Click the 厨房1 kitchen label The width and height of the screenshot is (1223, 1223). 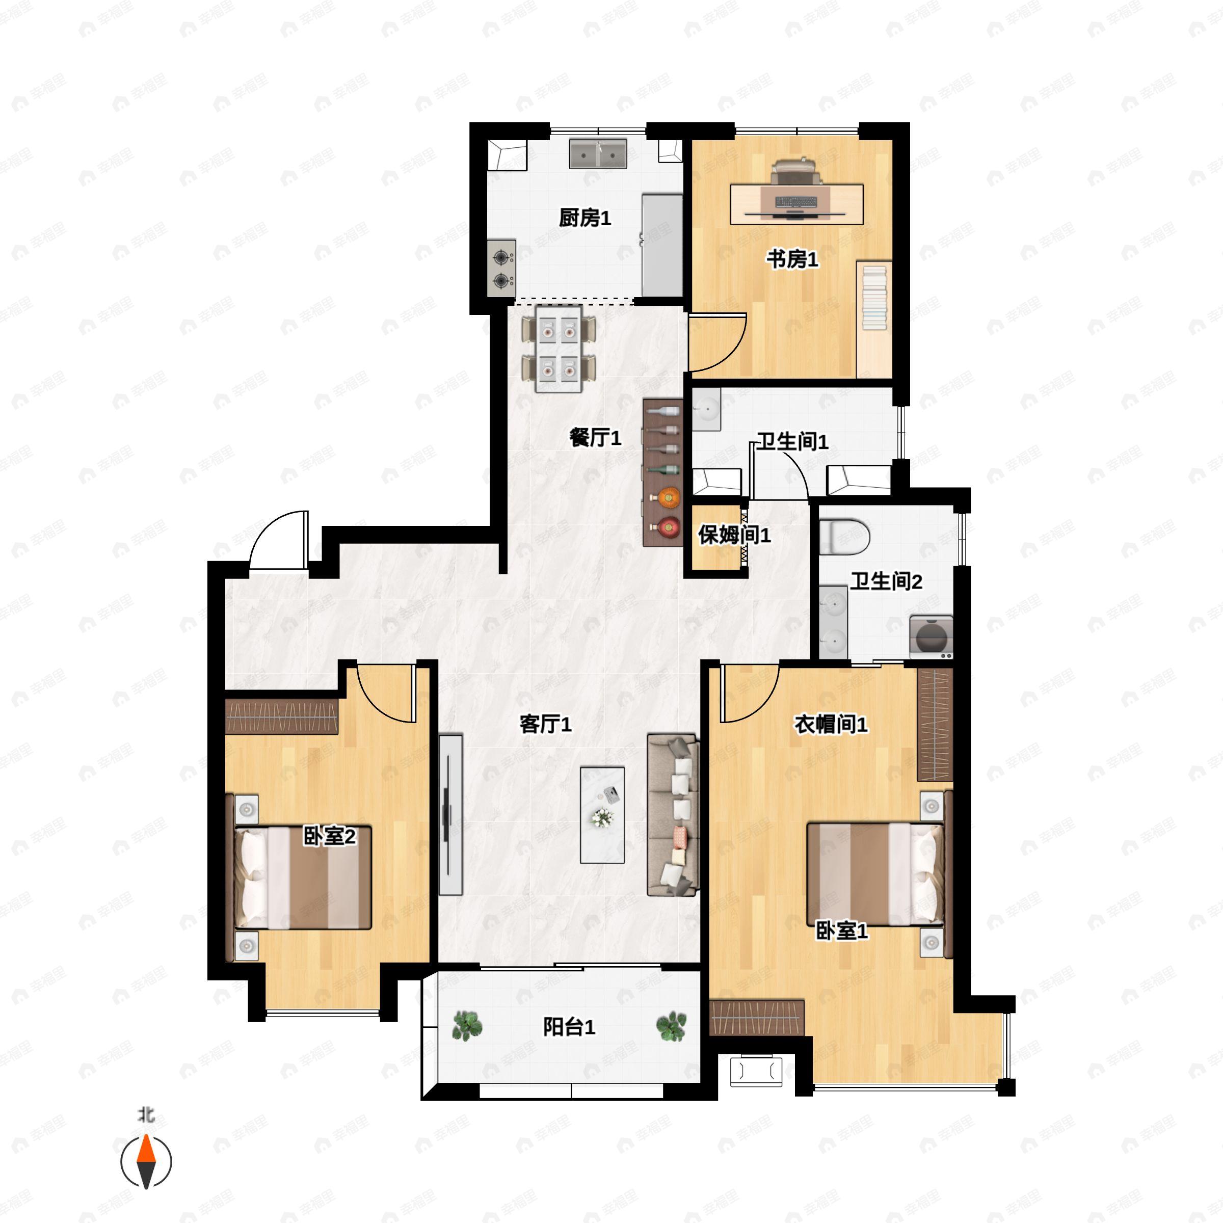[x=584, y=219]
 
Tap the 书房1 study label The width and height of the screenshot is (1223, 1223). [x=792, y=259]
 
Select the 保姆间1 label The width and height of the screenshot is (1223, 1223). [x=734, y=535]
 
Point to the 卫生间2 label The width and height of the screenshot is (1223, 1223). [x=886, y=581]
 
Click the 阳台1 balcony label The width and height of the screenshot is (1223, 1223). [x=569, y=1027]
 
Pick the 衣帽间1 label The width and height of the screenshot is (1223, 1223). [x=831, y=724]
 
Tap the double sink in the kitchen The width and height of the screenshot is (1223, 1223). [x=598, y=154]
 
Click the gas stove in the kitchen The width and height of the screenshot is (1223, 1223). [x=501, y=268]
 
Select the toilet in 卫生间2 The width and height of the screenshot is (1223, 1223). [x=844, y=537]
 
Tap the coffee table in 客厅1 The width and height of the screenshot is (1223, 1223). [x=602, y=815]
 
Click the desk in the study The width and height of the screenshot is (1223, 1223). [x=796, y=204]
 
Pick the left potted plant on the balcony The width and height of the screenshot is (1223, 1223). [x=467, y=1025]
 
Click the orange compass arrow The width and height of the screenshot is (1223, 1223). [x=146, y=1162]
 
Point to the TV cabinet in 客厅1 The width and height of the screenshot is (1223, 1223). [x=450, y=815]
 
